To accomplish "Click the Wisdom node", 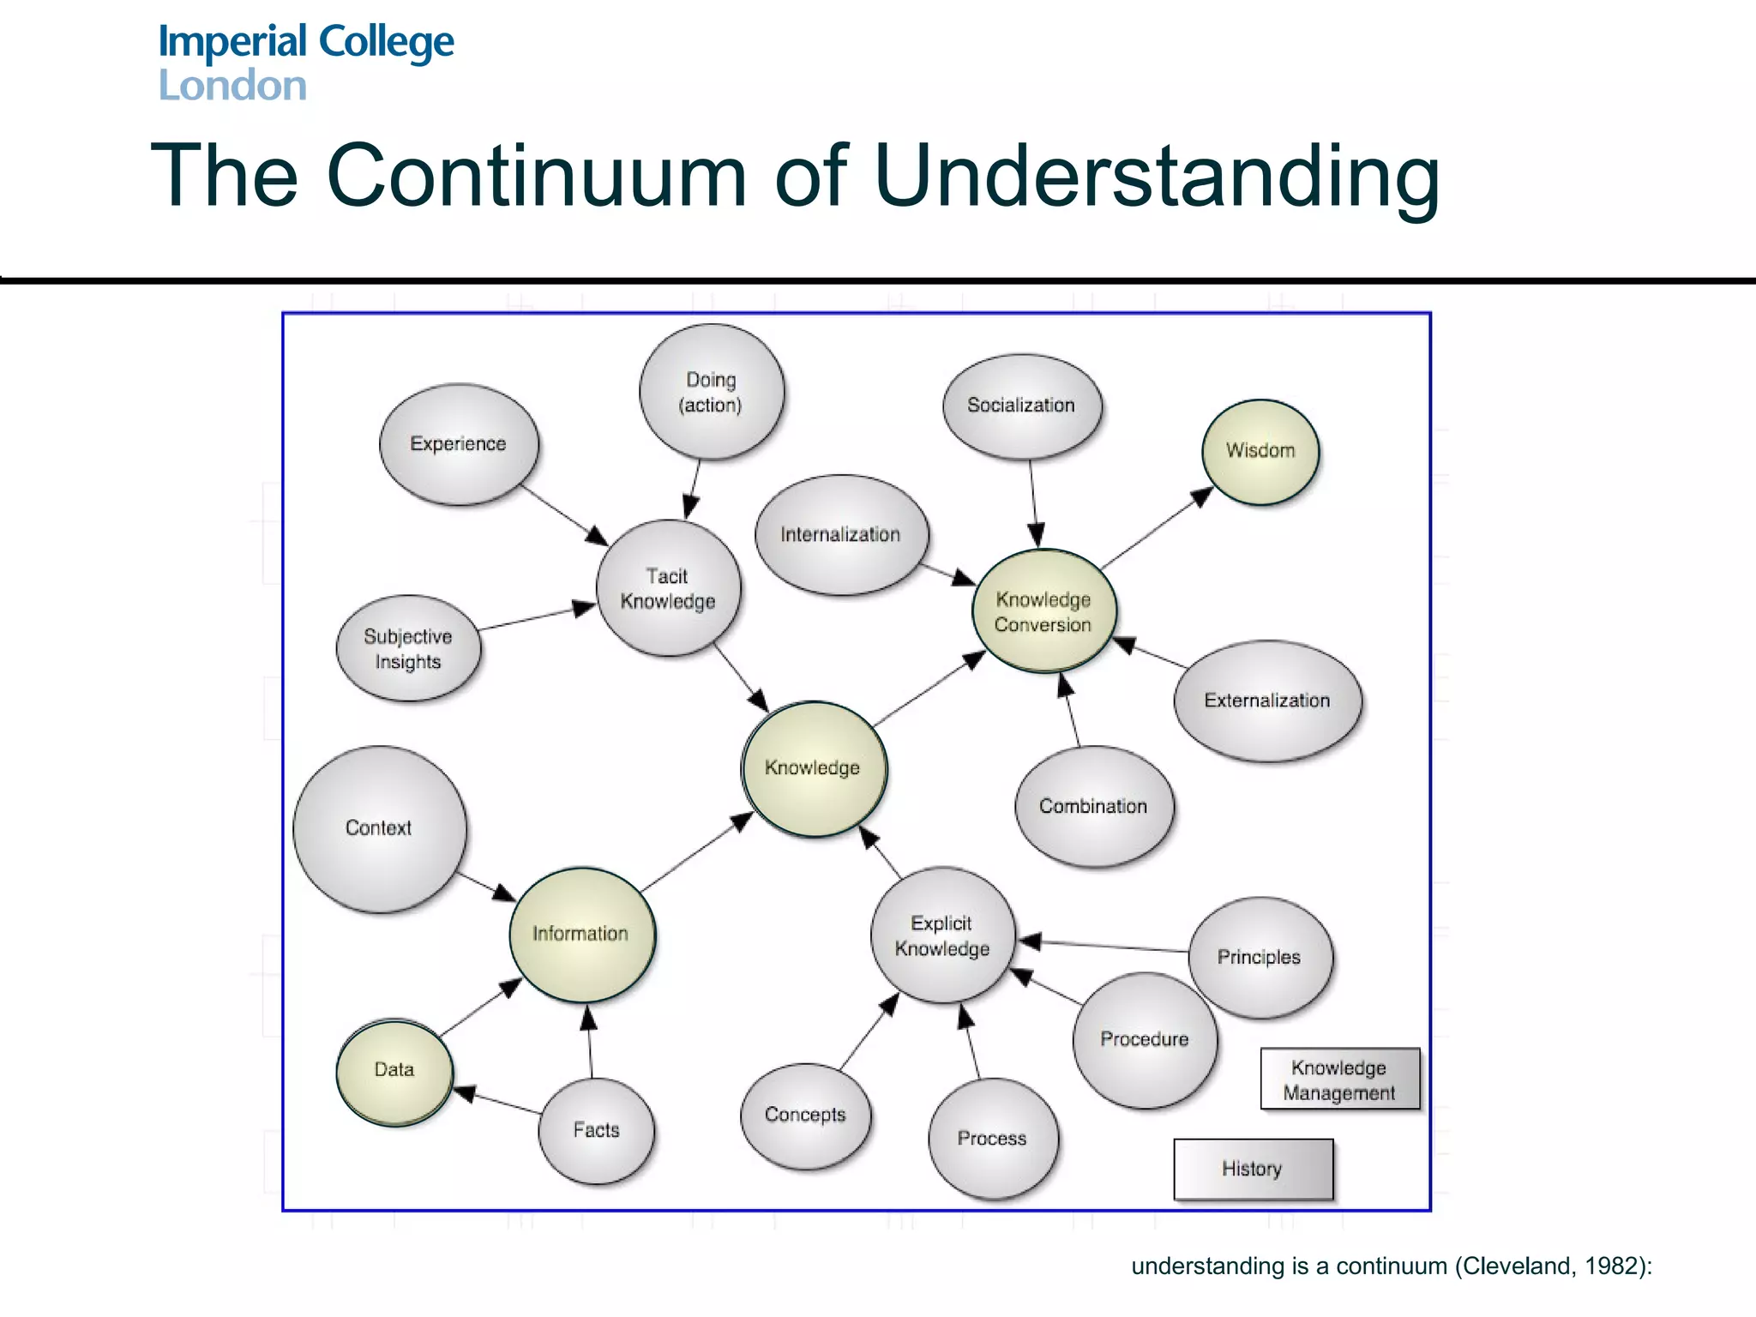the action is tap(1260, 452).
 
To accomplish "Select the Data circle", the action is tap(394, 1071).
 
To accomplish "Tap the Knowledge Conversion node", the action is tap(1043, 611).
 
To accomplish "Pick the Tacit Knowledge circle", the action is tap(668, 588).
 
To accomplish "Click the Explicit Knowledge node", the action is tap(942, 935).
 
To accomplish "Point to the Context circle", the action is tap(379, 828).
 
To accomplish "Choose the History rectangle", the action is tap(1253, 1169).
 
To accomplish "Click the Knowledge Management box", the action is tap(1339, 1079).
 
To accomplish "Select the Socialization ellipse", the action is tap(1021, 406).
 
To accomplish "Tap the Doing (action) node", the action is tap(711, 392).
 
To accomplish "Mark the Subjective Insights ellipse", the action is tap(408, 649).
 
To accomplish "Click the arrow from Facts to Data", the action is tap(498, 1102).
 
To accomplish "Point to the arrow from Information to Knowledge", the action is tap(696, 854).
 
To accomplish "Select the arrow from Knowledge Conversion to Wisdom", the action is tap(1158, 528).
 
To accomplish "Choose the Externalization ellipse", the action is tap(1267, 701).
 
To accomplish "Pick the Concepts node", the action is tap(805, 1116).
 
